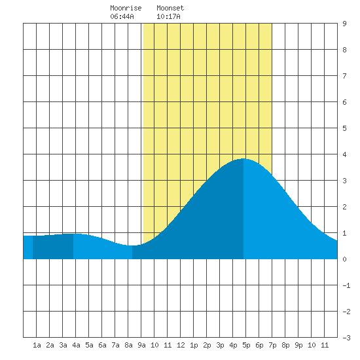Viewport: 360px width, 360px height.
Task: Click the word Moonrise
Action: point(126,8)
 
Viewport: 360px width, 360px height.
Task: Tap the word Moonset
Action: point(170,8)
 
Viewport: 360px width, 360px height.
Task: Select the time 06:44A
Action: point(122,16)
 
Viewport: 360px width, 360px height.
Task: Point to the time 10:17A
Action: point(168,16)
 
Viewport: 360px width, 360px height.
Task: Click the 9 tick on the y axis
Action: point(344,24)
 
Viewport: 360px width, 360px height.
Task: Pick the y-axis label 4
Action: point(344,154)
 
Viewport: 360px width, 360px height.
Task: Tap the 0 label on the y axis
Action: point(344,259)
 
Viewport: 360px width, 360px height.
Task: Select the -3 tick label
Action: point(346,338)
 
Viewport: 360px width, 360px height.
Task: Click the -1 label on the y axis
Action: point(346,285)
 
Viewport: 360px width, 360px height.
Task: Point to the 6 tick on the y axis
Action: point(344,102)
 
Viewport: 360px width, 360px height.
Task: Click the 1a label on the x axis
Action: point(37,345)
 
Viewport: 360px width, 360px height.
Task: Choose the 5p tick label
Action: point(246,345)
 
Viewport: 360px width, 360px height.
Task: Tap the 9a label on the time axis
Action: point(141,345)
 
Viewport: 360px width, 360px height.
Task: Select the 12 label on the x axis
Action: point(181,345)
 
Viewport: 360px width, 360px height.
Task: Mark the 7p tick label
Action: point(272,345)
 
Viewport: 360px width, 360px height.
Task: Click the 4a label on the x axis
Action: point(76,345)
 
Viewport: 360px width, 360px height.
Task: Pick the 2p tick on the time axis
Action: point(207,345)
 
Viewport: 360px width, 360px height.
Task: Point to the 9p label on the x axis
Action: point(298,345)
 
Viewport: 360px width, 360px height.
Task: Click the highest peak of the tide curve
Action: point(243,158)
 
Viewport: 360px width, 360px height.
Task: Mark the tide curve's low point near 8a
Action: point(132,245)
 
